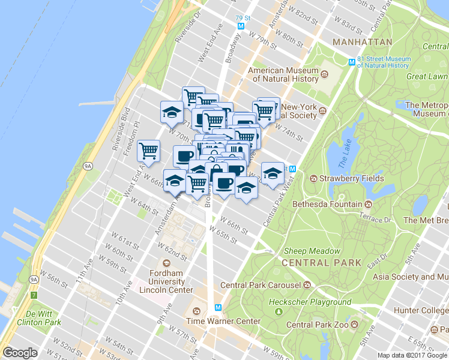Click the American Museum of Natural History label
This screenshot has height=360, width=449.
coord(283,75)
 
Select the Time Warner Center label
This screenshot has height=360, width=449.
coord(223,321)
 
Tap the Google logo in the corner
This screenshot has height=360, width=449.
coord(20,352)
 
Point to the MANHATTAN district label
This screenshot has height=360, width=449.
coord(362,43)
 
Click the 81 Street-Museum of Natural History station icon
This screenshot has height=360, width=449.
coord(353,62)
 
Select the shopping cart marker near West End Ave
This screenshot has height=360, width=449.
coord(148,151)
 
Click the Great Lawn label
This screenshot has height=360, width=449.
coord(427,76)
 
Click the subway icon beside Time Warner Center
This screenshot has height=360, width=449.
coord(218,307)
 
